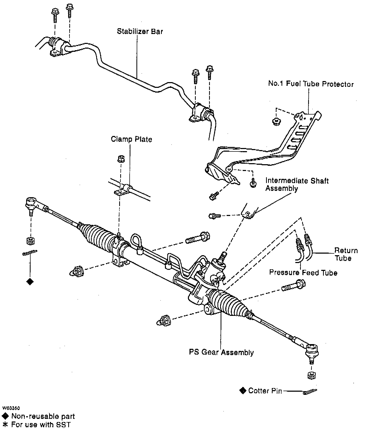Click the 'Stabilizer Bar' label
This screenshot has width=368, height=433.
point(140,32)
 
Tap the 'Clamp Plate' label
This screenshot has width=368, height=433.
point(131,139)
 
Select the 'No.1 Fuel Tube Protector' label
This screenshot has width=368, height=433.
point(311,84)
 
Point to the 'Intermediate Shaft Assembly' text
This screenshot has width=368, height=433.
point(297,184)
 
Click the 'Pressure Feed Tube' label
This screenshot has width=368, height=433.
point(303,272)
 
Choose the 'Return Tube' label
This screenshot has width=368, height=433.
point(346,254)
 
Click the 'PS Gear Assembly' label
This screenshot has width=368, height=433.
point(221,352)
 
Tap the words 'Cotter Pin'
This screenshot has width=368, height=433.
point(265,391)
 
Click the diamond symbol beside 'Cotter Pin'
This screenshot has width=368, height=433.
point(243,391)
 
